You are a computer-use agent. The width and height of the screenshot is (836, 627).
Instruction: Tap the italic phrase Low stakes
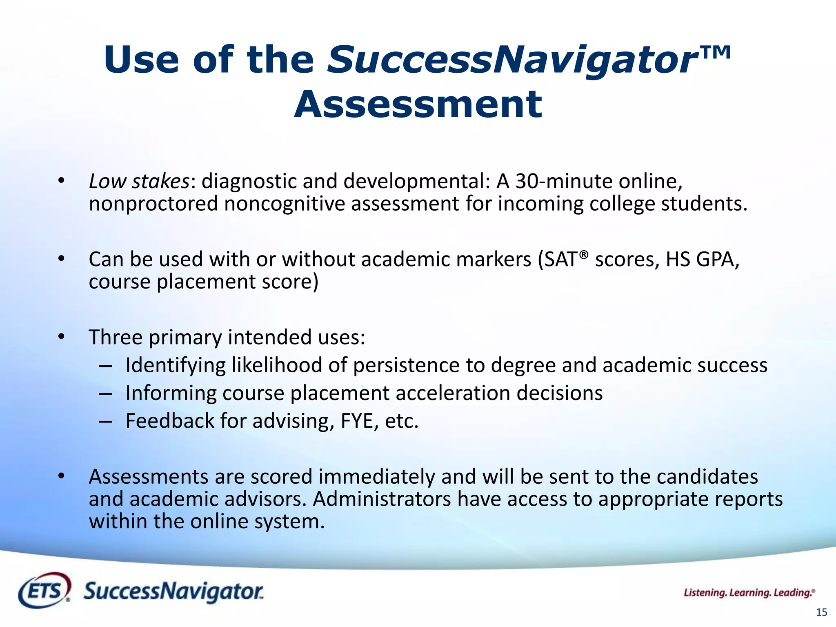coord(139,181)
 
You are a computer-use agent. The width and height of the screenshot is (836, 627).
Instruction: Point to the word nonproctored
coord(153,204)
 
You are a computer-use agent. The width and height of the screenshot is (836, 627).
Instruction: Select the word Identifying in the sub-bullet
coord(175,365)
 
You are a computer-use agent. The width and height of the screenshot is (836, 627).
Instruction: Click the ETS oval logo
coord(44,590)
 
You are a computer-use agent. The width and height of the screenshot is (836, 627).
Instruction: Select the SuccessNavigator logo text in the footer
coord(173,591)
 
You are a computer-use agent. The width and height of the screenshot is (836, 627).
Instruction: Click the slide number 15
coord(821,612)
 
